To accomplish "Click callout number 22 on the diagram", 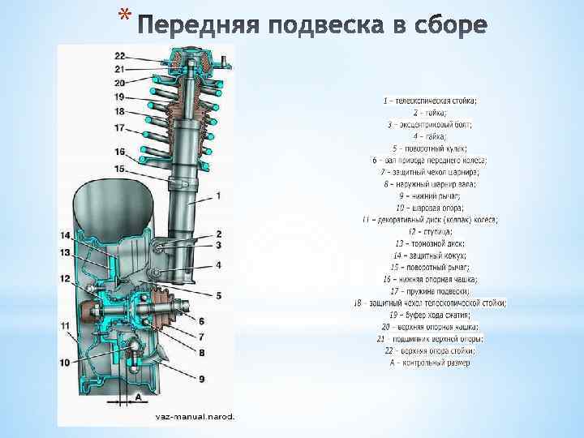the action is click(119, 56).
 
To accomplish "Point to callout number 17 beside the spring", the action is click(119, 127).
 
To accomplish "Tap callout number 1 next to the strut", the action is click(219, 195).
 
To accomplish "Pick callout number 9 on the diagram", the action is click(201, 378).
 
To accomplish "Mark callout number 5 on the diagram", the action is click(219, 294).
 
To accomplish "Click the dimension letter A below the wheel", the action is click(138, 397).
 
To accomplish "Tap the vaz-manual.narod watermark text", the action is click(195, 417).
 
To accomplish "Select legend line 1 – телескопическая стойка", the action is click(430, 101).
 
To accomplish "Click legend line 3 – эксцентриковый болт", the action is click(430, 124).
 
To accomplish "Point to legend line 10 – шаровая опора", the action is click(430, 208).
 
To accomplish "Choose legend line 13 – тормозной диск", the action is click(430, 243).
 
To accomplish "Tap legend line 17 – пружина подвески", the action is click(430, 291).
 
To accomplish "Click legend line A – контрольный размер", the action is click(430, 363).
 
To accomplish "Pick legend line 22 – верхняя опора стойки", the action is click(430, 350).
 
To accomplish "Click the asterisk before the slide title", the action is click(122, 14).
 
